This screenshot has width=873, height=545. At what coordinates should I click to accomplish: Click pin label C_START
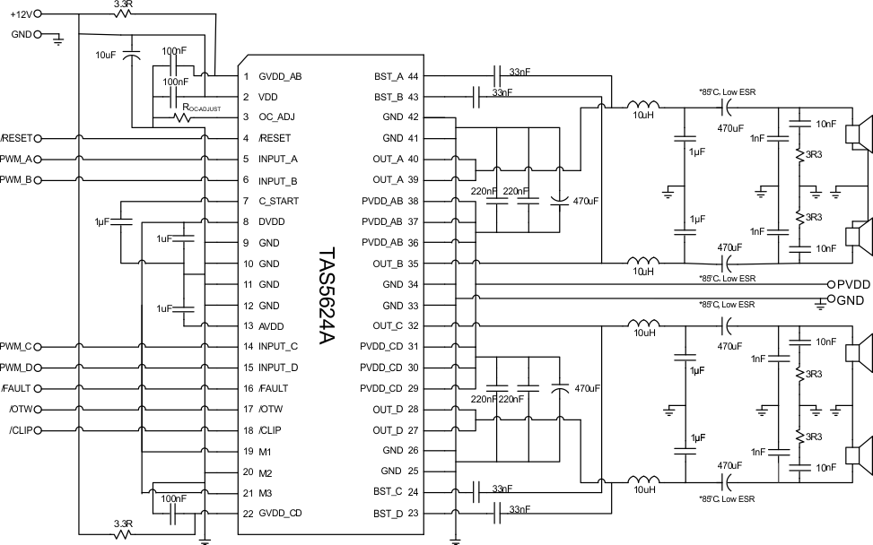[x=278, y=201]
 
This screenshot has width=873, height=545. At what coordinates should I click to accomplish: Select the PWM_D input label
[x=16, y=368]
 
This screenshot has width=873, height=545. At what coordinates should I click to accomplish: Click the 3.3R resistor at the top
[x=125, y=14]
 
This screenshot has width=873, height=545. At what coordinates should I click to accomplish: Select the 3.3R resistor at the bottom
[x=125, y=532]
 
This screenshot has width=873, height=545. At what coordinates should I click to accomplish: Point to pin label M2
[x=266, y=472]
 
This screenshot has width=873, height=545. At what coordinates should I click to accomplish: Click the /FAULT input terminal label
[x=18, y=389]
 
